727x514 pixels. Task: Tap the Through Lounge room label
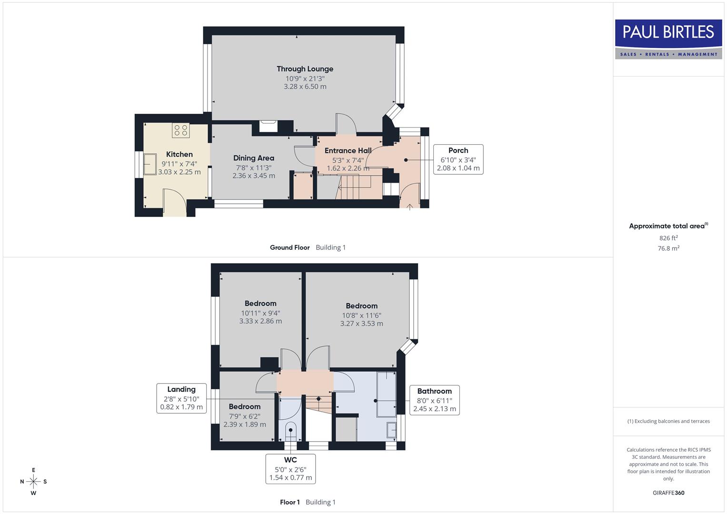pyautogui.click(x=305, y=69)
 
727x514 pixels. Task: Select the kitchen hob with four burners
pyautogui.click(x=180, y=130)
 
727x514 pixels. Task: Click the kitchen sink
pyautogui.click(x=150, y=165)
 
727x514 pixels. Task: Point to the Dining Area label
pyautogui.click(x=253, y=158)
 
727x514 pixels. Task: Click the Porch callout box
pyautogui.click(x=458, y=159)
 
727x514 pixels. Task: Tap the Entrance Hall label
pyautogui.click(x=348, y=150)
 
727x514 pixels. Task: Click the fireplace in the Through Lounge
pyautogui.click(x=269, y=126)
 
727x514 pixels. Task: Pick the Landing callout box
pyautogui.click(x=181, y=398)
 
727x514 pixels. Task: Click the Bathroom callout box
pyautogui.click(x=434, y=400)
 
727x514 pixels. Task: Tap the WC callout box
pyautogui.click(x=290, y=469)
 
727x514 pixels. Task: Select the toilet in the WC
pyautogui.click(x=290, y=431)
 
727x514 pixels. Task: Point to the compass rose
pyautogui.click(x=33, y=482)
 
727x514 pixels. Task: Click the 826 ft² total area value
pyautogui.click(x=668, y=238)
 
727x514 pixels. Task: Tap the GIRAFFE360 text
pyautogui.click(x=668, y=493)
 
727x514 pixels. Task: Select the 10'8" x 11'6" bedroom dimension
pyautogui.click(x=361, y=315)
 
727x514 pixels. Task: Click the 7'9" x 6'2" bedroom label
pyautogui.click(x=244, y=406)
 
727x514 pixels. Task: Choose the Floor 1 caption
pyautogui.click(x=289, y=502)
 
